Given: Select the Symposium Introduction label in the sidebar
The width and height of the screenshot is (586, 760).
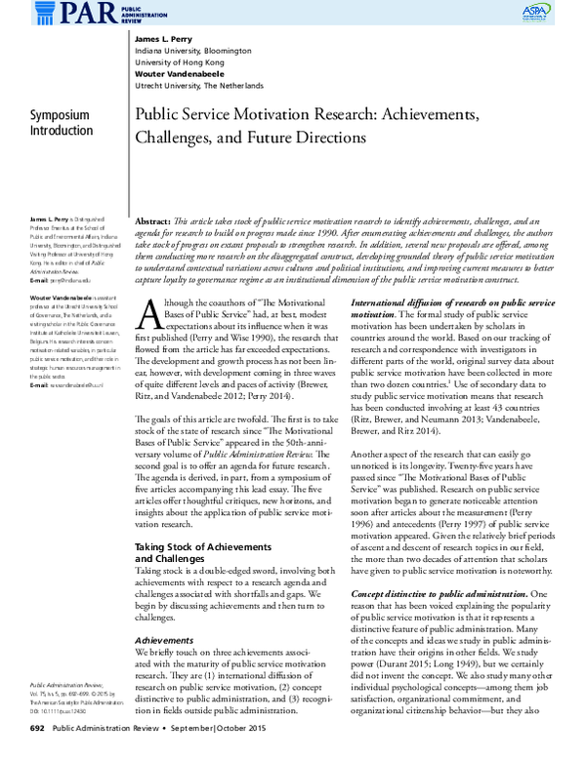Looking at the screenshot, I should point(61,123).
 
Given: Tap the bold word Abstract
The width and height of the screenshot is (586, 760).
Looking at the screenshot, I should point(153,222).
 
